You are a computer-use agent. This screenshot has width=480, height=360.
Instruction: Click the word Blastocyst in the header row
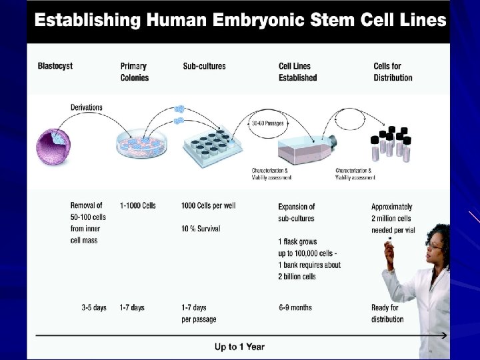55,66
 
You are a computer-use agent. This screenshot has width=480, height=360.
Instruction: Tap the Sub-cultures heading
204,66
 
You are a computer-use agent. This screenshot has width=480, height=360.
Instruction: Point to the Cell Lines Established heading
297,72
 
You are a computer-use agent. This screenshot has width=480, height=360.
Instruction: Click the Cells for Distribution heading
393,72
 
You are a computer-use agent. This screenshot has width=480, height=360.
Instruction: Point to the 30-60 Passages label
268,122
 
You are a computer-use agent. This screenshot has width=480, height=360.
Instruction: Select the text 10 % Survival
201,229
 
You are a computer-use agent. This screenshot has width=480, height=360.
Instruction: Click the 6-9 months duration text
295,307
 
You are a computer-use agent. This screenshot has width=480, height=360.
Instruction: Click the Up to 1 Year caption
239,346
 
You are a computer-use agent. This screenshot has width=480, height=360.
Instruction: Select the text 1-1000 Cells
138,205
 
